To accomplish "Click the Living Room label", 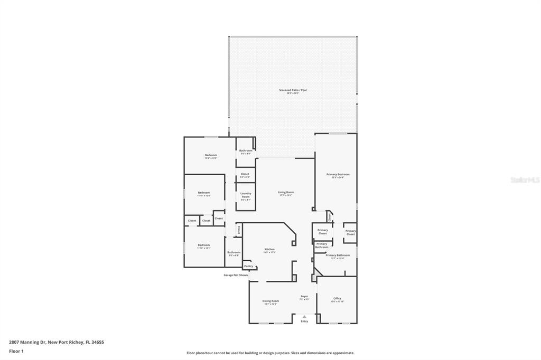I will (x=286, y=193).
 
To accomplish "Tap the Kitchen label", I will (x=269, y=250).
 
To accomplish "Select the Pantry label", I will (x=248, y=266).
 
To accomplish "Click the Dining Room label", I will (x=270, y=301).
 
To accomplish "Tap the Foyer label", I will (x=304, y=297).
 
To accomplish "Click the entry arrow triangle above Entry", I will (x=304, y=317).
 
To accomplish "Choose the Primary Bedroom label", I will (x=338, y=175).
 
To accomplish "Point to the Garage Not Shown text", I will (x=236, y=275).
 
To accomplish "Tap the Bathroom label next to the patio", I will (x=246, y=151).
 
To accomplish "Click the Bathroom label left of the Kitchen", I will (x=234, y=252).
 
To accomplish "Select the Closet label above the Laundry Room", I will (x=245, y=174).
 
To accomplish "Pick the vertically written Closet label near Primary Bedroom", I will (x=330, y=216).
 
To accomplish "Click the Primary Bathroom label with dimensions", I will (x=338, y=255).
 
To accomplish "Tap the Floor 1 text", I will (x=18, y=351).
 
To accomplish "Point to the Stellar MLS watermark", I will (x=525, y=180).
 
